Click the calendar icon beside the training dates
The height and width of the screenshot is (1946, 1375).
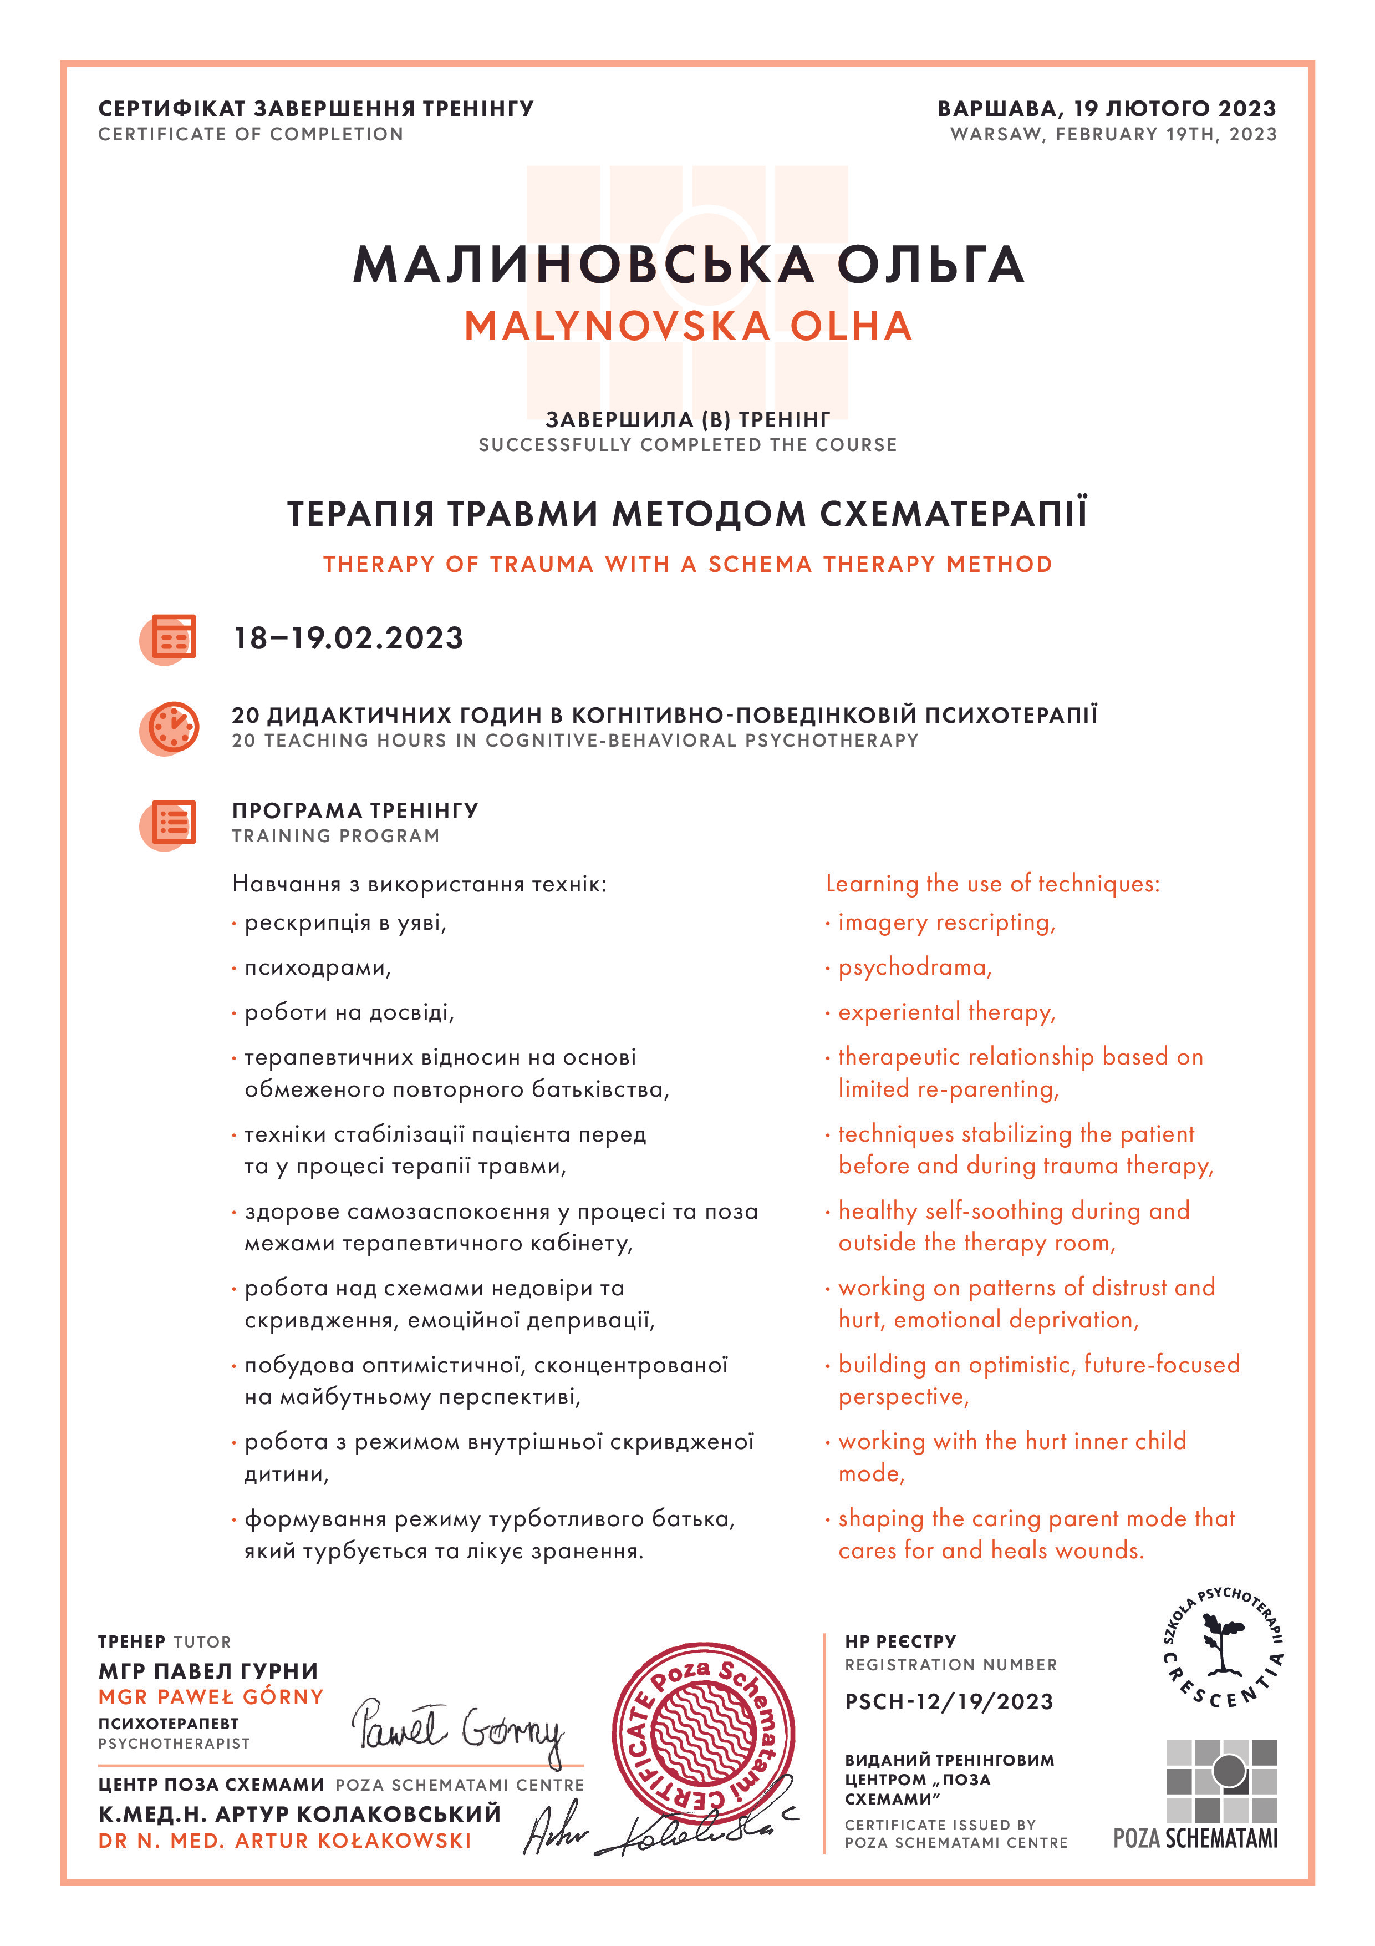(170, 637)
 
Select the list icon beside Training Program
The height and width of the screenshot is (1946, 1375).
(170, 822)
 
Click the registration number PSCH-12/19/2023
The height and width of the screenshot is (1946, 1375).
(949, 1701)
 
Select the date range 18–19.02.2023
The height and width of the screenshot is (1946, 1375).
(348, 638)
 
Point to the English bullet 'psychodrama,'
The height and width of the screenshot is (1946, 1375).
(915, 967)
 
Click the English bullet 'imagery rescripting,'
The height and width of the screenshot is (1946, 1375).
(946, 922)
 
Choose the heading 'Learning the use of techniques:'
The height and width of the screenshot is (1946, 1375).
(992, 884)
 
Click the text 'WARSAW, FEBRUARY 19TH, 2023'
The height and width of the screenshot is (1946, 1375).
(1112, 134)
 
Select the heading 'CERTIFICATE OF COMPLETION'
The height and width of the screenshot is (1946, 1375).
(251, 134)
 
